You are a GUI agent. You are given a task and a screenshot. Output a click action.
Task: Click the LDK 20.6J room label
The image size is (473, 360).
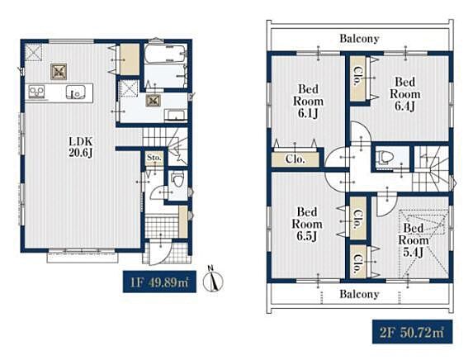tap(81, 147)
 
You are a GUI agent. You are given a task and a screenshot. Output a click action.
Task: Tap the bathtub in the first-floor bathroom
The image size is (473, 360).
tap(164, 54)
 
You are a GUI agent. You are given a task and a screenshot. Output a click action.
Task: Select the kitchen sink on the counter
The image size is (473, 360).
tap(76, 92)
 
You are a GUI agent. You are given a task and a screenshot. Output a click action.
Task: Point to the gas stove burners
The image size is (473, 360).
tap(36, 92)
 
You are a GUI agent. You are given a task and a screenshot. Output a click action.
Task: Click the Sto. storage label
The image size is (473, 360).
tap(154, 158)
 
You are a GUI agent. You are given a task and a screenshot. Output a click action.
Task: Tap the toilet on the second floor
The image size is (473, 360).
tap(385, 157)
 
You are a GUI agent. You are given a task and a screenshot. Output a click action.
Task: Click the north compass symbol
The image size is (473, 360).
tap(213, 281)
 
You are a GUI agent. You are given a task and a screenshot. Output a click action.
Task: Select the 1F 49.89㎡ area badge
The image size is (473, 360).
tap(159, 282)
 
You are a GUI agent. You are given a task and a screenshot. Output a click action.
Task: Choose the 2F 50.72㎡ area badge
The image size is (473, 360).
tap(412, 332)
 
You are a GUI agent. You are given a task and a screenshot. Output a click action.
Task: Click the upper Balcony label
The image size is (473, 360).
tap(359, 39)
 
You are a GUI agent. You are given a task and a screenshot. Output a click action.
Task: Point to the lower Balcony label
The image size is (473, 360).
tap(359, 294)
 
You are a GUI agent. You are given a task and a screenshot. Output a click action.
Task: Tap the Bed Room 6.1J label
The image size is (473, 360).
tap(308, 101)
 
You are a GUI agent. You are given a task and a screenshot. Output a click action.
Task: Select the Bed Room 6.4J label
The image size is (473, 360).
tap(404, 94)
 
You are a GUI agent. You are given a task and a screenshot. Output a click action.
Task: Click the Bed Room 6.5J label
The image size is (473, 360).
tap(307, 224)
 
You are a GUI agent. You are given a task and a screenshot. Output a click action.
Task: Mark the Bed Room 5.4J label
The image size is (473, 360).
tap(414, 240)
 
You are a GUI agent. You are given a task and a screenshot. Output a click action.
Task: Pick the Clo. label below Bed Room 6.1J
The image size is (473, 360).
tap(296, 159)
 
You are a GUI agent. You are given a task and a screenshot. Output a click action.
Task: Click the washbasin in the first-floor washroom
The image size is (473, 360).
tap(176, 116)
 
